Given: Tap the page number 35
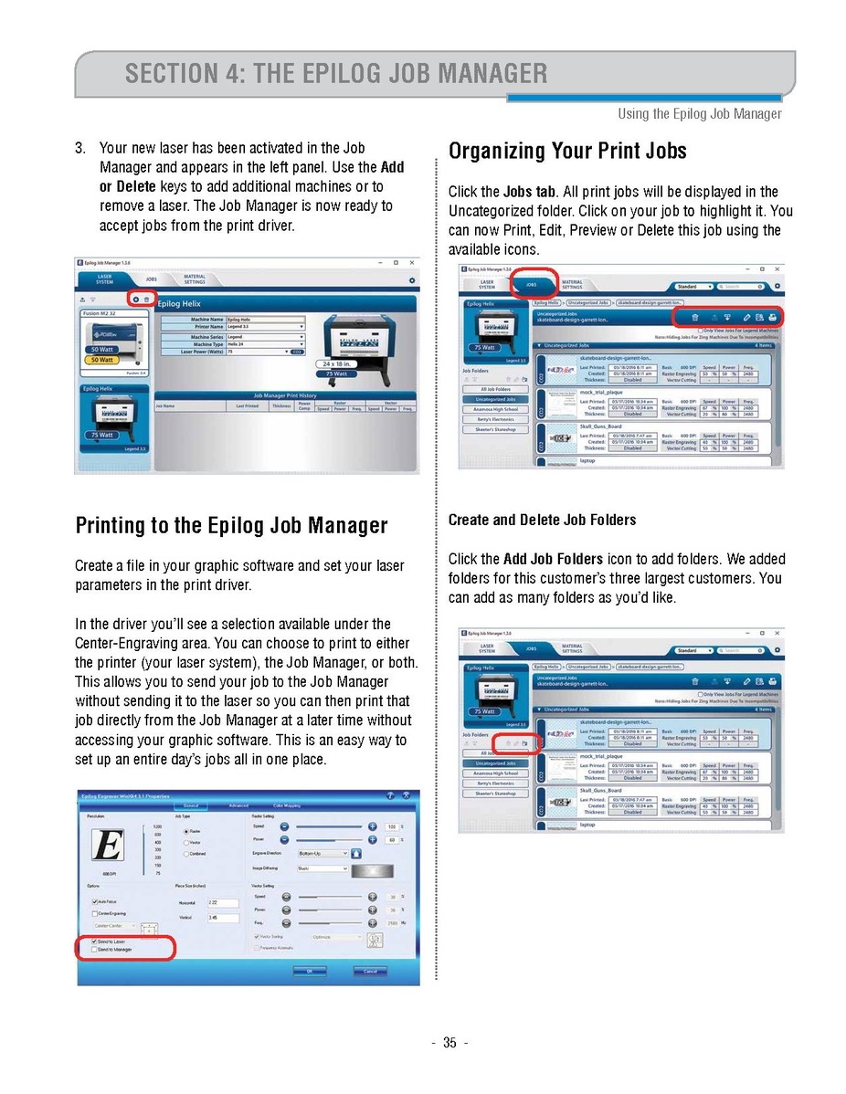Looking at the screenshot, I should [449, 1044].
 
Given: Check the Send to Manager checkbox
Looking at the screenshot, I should [94, 950].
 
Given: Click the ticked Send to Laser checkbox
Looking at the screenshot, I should [94, 941].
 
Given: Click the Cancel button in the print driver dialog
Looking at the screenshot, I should [369, 971].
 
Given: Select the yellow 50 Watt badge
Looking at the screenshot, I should [100, 360].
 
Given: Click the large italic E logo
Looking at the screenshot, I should [109, 845].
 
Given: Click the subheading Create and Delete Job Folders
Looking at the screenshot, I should [542, 520].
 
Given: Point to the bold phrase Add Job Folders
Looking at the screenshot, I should [553, 559].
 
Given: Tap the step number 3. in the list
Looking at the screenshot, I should [81, 148].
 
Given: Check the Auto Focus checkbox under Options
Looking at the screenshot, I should [94, 902].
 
